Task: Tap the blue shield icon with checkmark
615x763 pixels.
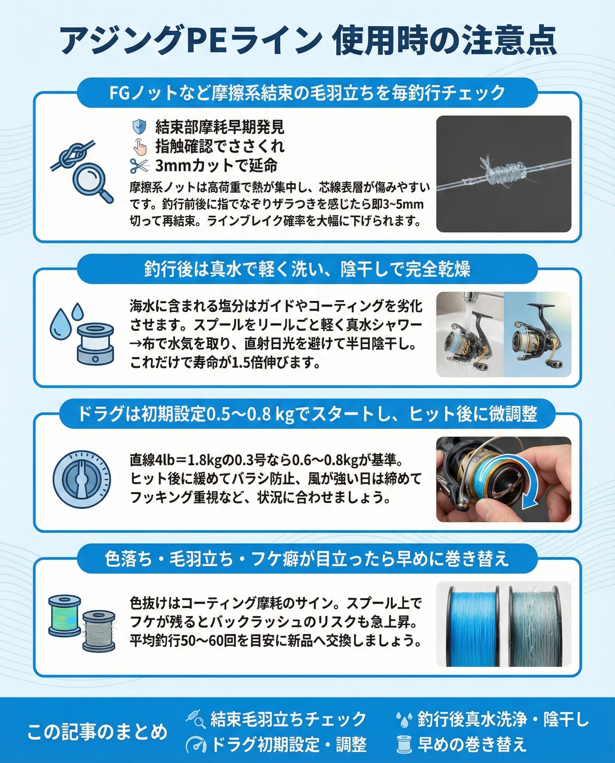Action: pos(139,127)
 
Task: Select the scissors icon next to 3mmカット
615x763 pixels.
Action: pos(139,166)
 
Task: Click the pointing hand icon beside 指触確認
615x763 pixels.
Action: pos(140,146)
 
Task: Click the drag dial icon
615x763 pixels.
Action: pos(82,480)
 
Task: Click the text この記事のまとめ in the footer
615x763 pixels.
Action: pos(97,732)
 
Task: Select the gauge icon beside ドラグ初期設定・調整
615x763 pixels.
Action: pos(196,744)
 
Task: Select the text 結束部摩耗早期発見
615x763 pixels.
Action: pos(220,127)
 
